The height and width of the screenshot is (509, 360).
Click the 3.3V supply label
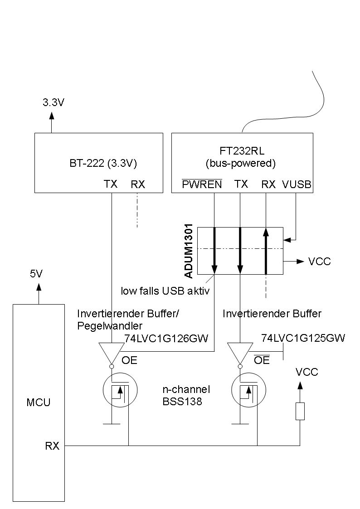(54, 102)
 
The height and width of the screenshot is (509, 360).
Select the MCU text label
(39, 402)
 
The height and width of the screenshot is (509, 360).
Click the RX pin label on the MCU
(52, 446)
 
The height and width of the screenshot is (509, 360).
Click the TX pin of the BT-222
(111, 184)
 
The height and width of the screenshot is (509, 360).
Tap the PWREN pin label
(202, 184)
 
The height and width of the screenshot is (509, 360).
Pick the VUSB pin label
(297, 184)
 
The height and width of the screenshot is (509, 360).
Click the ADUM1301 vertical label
(190, 251)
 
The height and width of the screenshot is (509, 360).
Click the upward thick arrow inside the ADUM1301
(266, 251)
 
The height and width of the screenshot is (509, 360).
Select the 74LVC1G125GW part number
(303, 338)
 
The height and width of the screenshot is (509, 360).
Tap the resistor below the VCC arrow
(300, 411)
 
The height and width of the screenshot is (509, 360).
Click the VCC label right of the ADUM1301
(320, 262)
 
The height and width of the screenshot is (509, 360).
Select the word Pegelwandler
(111, 325)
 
